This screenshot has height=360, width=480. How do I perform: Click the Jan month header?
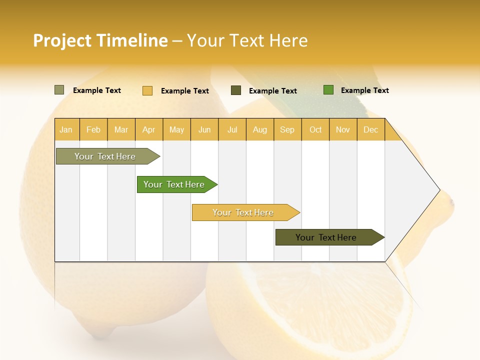(x=66, y=129)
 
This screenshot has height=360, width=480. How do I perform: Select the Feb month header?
(x=93, y=129)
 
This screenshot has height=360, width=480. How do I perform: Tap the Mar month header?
(x=121, y=129)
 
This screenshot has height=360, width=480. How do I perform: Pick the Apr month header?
(x=149, y=129)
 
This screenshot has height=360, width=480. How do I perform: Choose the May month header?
(x=176, y=129)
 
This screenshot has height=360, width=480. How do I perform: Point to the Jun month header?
(x=204, y=129)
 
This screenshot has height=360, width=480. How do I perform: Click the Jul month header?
(x=232, y=129)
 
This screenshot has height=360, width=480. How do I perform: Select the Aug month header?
(x=260, y=129)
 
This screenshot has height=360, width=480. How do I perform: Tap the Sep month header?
(x=287, y=129)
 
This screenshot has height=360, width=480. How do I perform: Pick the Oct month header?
(x=315, y=129)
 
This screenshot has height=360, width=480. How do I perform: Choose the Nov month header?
(x=343, y=129)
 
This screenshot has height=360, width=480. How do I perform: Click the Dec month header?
(x=371, y=129)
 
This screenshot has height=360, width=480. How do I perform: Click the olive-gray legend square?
(x=59, y=90)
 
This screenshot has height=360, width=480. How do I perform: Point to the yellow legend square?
(x=147, y=90)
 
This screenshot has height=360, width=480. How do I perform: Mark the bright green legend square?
(x=328, y=90)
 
